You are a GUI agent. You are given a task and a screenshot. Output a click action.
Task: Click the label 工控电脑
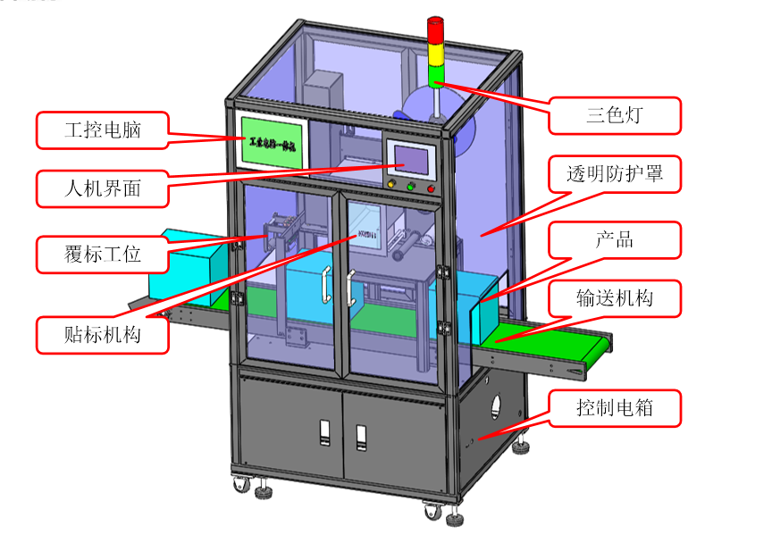pos(103,130)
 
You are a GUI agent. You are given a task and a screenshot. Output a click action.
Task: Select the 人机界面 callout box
pos(103,188)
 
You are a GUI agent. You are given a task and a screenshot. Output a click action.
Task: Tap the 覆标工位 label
pos(103,255)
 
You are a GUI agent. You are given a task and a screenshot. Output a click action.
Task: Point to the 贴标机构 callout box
pos(103,335)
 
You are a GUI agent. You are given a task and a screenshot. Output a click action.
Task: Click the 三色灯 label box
pos(616,114)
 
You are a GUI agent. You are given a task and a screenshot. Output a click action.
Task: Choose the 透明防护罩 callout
pos(615,173)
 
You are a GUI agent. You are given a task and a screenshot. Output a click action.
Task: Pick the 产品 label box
pos(615,240)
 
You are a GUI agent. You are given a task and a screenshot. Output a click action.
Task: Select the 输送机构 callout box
pos(615,297)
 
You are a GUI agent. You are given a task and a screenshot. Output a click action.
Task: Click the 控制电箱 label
pos(615,408)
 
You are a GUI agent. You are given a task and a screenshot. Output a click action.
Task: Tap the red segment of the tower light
pos(435,30)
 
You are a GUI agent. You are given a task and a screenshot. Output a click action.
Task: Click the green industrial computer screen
pos(273,140)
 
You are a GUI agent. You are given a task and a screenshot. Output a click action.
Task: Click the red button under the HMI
pos(432,188)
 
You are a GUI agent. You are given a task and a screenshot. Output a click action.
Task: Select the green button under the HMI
pos(411,187)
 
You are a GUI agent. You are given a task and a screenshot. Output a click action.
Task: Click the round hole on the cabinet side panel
pos(498,409)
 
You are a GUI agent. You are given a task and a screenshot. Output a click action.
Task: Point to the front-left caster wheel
pos(241,485)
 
